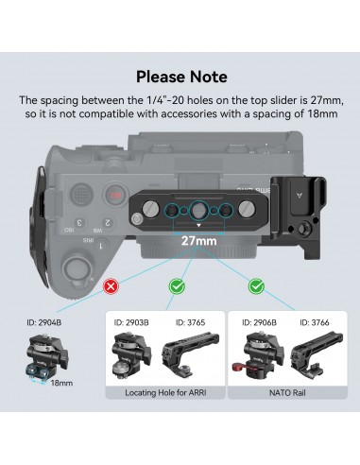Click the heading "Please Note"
tap(180, 76)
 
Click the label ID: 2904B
tap(42, 321)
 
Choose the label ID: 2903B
tap(132, 321)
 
